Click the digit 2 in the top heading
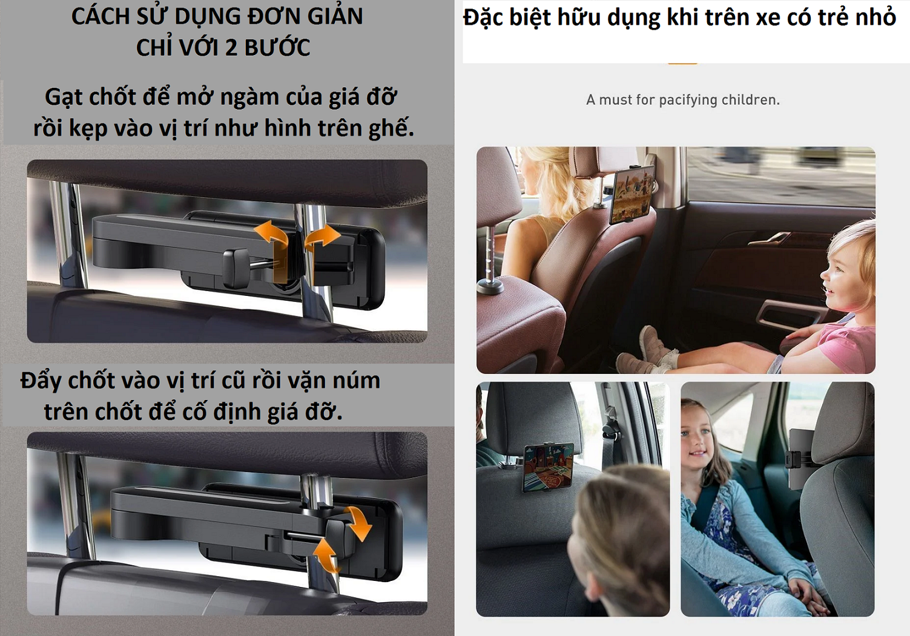(x=231, y=48)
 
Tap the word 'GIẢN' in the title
(x=335, y=16)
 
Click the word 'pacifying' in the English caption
(x=688, y=100)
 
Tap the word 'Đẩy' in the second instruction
(x=41, y=381)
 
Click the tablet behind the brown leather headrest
(x=633, y=194)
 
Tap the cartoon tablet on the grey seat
(x=548, y=467)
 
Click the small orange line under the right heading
(x=682, y=64)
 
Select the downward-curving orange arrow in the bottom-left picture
(x=358, y=523)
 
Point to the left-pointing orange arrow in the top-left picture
(x=271, y=244)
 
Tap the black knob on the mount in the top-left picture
(x=235, y=268)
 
